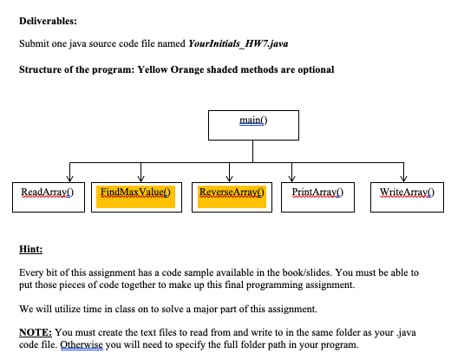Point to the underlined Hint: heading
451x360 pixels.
30,248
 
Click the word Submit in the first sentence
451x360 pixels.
34,43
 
